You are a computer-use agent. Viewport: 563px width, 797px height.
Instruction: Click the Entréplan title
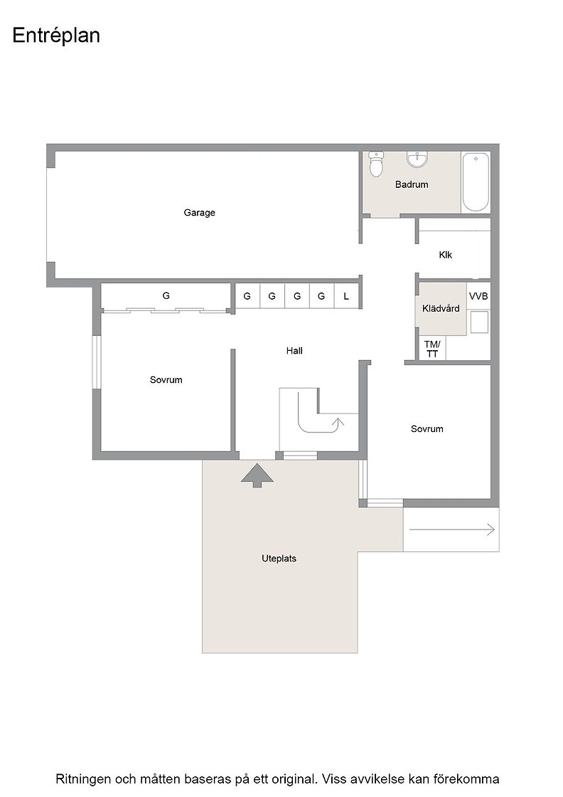(56, 36)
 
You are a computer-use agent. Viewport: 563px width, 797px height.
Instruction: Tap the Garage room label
(200, 213)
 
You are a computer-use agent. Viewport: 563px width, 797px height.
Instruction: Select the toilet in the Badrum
(375, 164)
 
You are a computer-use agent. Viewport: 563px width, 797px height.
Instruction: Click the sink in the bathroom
(417, 159)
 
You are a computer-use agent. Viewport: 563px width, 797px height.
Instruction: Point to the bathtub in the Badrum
(476, 182)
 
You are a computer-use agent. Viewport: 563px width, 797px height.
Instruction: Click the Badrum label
(412, 184)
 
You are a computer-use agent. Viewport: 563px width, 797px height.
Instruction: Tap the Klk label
(445, 255)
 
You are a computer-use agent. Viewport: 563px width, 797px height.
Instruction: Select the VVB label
(478, 296)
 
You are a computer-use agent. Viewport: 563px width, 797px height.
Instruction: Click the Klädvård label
(441, 308)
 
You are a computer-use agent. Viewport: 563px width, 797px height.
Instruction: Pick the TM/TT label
(432, 349)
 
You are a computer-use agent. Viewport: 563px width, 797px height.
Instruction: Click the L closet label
(346, 296)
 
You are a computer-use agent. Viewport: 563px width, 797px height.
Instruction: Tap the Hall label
(294, 351)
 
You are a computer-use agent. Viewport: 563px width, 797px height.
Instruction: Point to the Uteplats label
(279, 558)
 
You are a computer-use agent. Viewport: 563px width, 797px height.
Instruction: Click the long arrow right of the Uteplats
(452, 529)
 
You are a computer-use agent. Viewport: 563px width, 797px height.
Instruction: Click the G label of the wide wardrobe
(166, 295)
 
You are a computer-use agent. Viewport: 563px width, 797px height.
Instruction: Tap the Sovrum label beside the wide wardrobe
(166, 380)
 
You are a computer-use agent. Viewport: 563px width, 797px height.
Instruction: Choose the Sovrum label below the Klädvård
(427, 429)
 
